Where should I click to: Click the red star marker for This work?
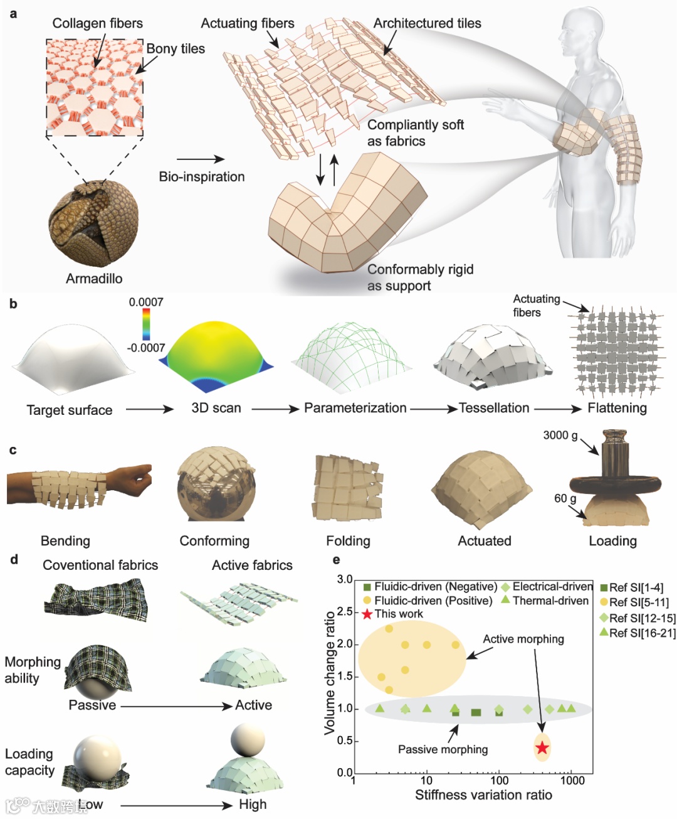pyautogui.click(x=542, y=747)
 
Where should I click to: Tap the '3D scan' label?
pyautogui.click(x=216, y=408)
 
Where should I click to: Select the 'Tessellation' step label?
pyautogui.click(x=494, y=408)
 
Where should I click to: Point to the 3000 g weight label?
pyautogui.click(x=560, y=436)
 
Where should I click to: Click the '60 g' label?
pyautogui.click(x=565, y=498)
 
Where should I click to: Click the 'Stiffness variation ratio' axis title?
pyautogui.click(x=483, y=795)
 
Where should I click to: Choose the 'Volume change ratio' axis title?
pyautogui.click(x=330, y=673)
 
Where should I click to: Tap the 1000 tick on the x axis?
pyautogui.click(x=572, y=781)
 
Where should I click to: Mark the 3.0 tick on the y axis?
pyautogui.click(x=345, y=579)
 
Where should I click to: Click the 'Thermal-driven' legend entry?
pyautogui.click(x=550, y=601)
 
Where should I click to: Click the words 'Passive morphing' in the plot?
pyautogui.click(x=443, y=749)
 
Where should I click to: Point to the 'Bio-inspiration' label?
pyautogui.click(x=202, y=177)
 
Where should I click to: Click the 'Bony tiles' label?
pyautogui.click(x=176, y=49)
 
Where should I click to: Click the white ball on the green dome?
pyautogui.click(x=248, y=740)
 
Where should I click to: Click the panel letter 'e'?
pyautogui.click(x=337, y=560)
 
